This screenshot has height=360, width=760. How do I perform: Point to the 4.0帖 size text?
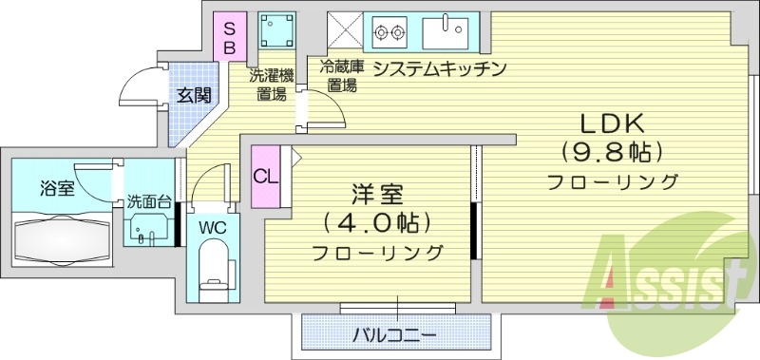coord(377,223)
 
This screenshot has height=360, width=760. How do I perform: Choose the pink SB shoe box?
coord(230,36)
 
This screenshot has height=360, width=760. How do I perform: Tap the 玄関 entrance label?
coord(194,95)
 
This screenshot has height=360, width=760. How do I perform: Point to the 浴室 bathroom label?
coord(57,187)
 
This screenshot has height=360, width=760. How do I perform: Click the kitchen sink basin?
coord(447,32)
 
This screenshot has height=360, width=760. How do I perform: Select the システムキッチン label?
coord(437,68)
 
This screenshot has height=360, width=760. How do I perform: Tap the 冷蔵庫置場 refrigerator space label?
coord(342,75)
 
